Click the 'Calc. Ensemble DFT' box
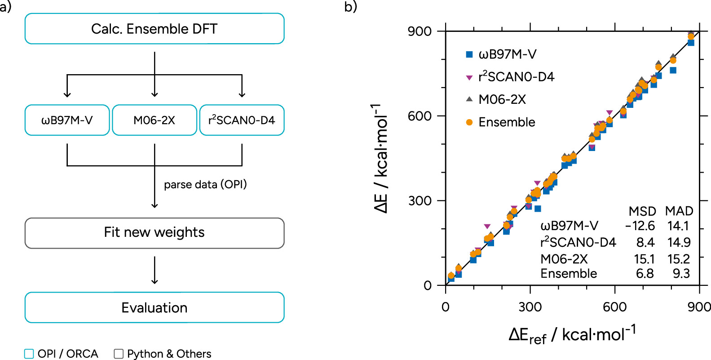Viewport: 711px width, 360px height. (x=154, y=29)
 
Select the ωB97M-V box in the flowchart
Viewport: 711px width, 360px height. (x=67, y=120)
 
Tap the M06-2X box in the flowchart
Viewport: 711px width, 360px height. (x=154, y=120)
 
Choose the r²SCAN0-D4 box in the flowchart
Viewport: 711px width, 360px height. (x=242, y=120)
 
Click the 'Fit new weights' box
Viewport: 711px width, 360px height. (x=154, y=232)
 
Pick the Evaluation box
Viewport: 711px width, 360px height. (x=154, y=307)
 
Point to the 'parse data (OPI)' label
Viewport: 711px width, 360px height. (x=205, y=185)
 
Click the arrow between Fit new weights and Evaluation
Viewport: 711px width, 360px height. (x=155, y=270)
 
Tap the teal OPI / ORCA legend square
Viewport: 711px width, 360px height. (x=29, y=354)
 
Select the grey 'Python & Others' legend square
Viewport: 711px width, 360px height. (x=119, y=354)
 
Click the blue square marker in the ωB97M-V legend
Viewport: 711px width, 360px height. (x=469, y=54)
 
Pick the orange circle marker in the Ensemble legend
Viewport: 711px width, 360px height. (x=469, y=122)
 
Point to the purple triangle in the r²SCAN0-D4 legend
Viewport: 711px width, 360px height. (x=469, y=78)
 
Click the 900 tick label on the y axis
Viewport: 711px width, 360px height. (x=420, y=31)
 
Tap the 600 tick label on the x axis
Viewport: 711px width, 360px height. (x=614, y=307)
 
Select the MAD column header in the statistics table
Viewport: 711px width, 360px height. (x=679, y=211)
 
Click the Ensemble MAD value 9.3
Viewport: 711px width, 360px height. (x=681, y=274)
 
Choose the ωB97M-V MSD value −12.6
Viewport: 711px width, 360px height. (x=640, y=226)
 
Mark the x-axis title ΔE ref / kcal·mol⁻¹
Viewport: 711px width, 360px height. (x=572, y=335)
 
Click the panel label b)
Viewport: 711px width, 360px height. (x=350, y=7)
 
